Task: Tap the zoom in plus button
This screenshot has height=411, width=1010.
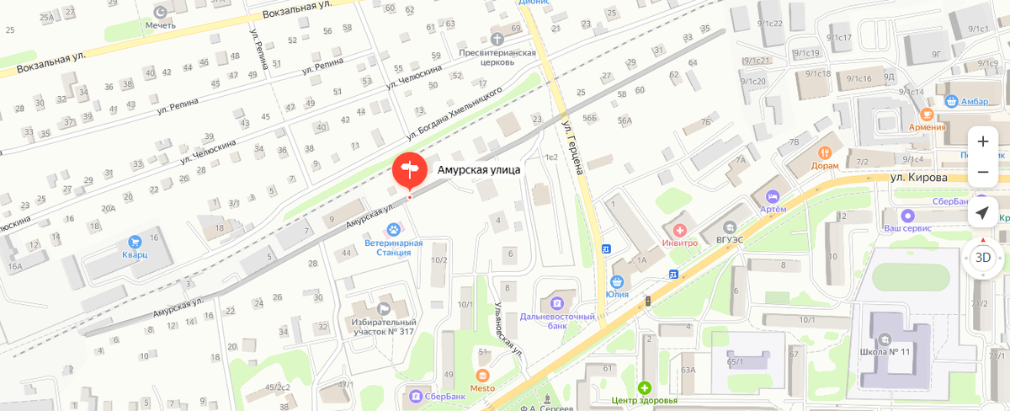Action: pos(982,141)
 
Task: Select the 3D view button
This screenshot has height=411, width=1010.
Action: pos(982,258)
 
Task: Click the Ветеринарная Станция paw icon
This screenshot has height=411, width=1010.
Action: pos(393,228)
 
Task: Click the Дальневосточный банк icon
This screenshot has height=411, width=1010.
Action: pos(556,302)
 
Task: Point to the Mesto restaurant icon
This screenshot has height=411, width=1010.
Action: pos(482,375)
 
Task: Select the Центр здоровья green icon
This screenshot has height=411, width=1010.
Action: pos(644,387)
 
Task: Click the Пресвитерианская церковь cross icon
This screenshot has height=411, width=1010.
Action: pos(497,39)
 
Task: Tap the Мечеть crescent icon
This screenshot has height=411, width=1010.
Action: pos(161,11)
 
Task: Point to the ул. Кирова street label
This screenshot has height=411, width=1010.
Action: pos(919,178)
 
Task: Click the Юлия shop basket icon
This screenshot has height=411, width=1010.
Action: pos(617,281)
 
